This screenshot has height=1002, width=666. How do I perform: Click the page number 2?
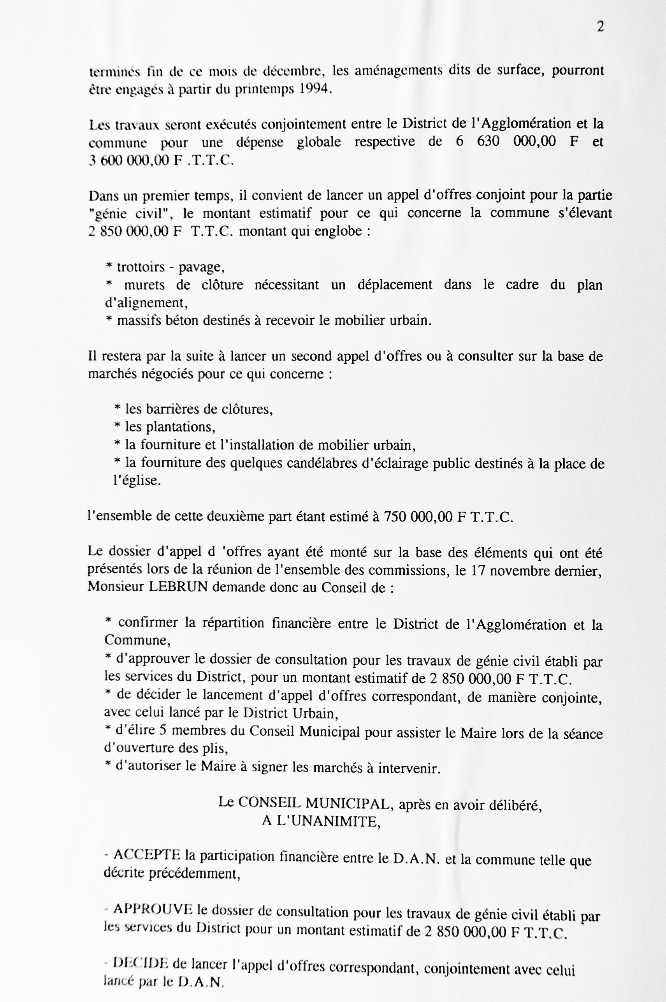(600, 27)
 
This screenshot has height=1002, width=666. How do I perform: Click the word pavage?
(201, 267)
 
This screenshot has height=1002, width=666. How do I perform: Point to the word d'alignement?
(146, 303)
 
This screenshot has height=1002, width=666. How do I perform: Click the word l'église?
(137, 481)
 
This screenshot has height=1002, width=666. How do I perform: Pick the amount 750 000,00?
(418, 516)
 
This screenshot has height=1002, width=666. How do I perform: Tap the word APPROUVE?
(153, 909)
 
